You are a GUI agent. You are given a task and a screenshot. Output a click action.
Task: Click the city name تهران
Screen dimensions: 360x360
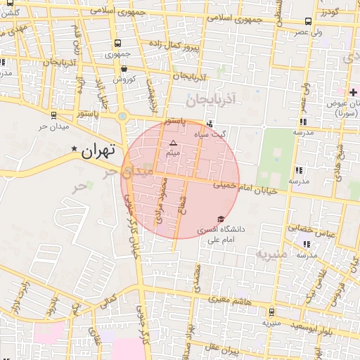(x=97, y=150)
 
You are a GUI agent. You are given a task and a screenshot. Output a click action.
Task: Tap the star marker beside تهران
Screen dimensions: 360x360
(x=75, y=149)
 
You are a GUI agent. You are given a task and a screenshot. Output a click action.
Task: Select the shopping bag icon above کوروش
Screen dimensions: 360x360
(x=124, y=68)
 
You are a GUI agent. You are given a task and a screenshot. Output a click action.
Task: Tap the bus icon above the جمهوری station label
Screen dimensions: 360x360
(x=117, y=42)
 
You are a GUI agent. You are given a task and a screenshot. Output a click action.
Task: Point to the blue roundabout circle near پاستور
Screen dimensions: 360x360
(x=122, y=117)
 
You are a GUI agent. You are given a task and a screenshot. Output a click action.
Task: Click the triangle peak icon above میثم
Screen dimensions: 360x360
(x=174, y=143)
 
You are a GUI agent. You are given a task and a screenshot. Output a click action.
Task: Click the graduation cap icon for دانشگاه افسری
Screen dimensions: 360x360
(x=222, y=219)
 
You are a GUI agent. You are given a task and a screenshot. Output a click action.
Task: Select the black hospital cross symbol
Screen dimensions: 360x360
(x=353, y=93)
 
